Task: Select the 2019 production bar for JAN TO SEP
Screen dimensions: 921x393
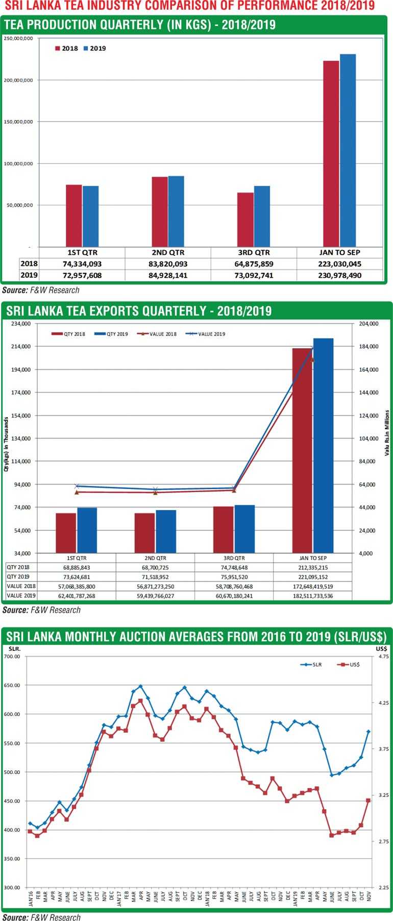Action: pyautogui.click(x=348, y=150)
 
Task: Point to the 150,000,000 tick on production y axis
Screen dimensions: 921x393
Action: pyautogui.click(x=19, y=122)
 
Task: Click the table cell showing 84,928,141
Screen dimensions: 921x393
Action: pyautogui.click(x=168, y=275)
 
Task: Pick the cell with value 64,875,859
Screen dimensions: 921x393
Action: pyautogui.click(x=253, y=264)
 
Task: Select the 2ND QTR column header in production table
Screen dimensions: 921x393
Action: pyautogui.click(x=168, y=253)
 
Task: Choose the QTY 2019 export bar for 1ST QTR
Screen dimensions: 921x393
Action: pyautogui.click(x=87, y=530)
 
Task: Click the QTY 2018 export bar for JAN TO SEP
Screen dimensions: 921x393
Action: pyautogui.click(x=302, y=450)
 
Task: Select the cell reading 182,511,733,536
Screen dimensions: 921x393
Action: pyautogui.click(x=312, y=595)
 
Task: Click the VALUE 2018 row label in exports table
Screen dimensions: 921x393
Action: pyautogui.click(x=21, y=586)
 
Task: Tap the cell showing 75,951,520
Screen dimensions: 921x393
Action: pyautogui.click(x=234, y=576)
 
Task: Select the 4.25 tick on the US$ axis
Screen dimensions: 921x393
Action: pyautogui.click(x=383, y=702)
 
